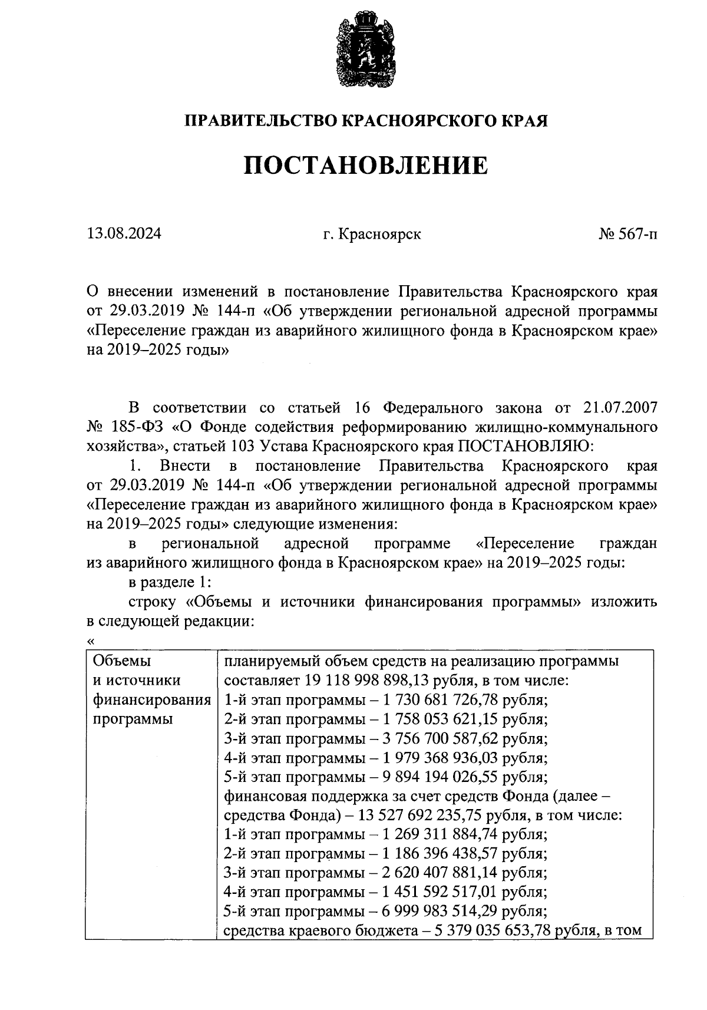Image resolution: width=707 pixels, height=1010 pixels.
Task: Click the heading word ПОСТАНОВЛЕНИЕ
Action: point(366,166)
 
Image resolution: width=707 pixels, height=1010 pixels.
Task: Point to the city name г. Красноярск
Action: point(372,235)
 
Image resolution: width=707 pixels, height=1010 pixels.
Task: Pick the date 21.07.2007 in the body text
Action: point(618,408)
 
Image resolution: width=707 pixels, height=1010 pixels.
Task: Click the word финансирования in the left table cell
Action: point(152,700)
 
